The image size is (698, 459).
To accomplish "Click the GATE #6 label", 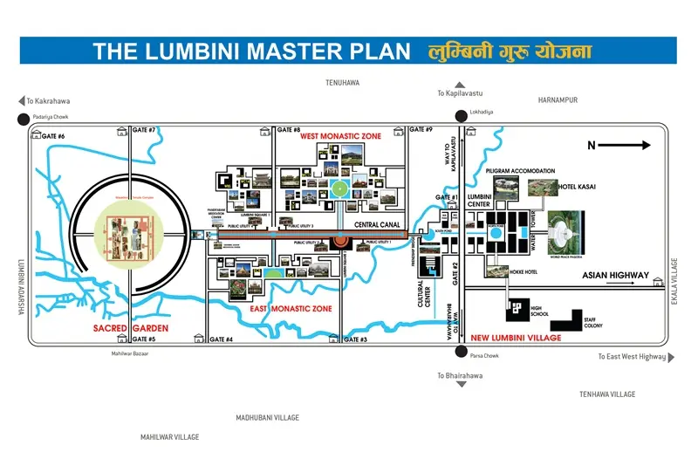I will [x=50, y=136].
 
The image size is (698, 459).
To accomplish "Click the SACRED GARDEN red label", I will [x=131, y=328].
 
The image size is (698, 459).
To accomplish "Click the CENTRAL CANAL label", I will [x=377, y=225].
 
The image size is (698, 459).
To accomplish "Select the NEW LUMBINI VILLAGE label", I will [x=515, y=337].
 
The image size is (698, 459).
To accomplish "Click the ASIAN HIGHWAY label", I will [x=615, y=276].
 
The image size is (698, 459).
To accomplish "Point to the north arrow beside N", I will [x=632, y=146].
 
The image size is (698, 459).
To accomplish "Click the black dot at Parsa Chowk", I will [x=460, y=352].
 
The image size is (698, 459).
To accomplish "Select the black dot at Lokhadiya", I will [x=460, y=113].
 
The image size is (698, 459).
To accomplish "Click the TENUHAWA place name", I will [x=342, y=83].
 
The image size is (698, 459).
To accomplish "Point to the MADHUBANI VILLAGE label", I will [x=268, y=418].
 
